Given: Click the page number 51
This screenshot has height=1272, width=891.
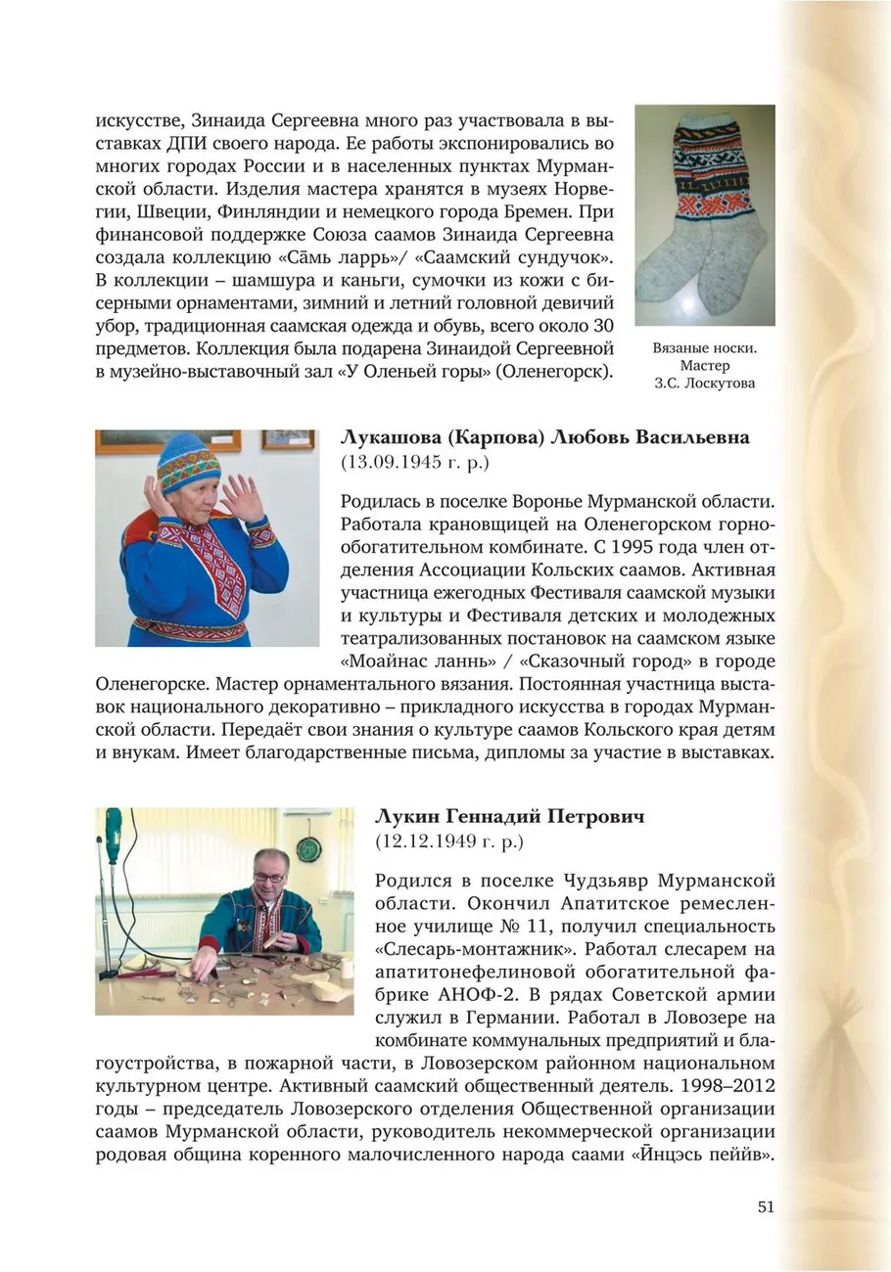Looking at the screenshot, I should pos(765,1206).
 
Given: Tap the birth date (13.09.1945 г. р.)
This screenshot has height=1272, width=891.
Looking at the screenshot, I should pos(414,460).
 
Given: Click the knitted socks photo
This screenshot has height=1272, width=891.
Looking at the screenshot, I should pos(704,215).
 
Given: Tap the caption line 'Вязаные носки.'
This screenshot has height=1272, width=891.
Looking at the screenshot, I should pos(704,348).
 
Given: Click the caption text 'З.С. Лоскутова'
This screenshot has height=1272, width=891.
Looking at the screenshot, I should pos(704,384).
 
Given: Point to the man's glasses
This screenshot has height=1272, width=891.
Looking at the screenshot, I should pos(267,876).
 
